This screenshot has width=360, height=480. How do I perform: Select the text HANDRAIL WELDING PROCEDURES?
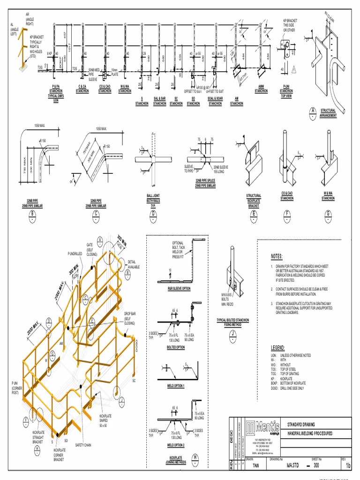[x=310, y=434]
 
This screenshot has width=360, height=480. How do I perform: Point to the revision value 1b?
[x=348, y=466]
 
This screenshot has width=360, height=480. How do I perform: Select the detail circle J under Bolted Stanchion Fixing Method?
[x=232, y=334]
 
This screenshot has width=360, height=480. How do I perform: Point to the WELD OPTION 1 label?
[x=176, y=386]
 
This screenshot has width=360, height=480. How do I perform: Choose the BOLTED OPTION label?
[x=176, y=347]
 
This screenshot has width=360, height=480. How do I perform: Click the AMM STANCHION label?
[x=261, y=89]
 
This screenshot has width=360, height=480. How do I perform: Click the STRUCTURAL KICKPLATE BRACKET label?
[x=254, y=201]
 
